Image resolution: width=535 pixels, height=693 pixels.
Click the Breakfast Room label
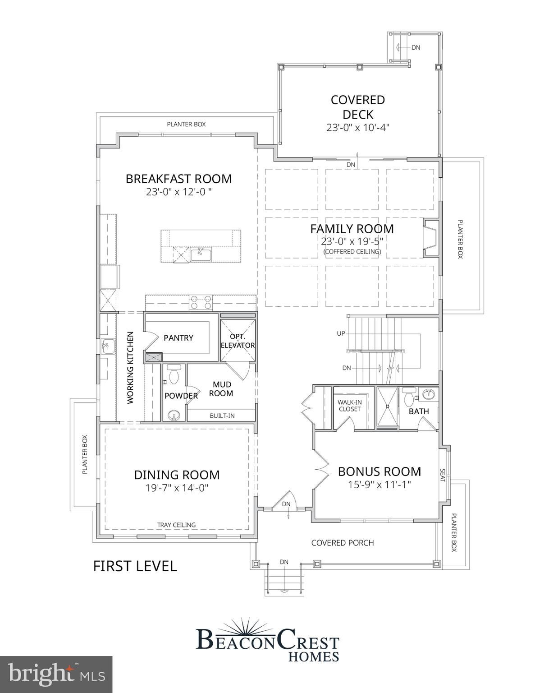pos(178,179)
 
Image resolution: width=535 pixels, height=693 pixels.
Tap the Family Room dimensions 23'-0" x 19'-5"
pos(352,241)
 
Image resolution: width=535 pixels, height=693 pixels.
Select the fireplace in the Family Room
pos(431,237)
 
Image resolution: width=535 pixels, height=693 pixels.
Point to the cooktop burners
pos(200,302)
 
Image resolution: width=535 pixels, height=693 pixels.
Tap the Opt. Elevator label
pos(238,341)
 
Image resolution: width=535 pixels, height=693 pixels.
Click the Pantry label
pos(178,338)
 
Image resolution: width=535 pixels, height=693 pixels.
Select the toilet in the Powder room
pos(174,374)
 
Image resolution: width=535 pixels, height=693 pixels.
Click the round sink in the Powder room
pos(174,415)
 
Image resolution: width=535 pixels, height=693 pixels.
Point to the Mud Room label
pos(221,389)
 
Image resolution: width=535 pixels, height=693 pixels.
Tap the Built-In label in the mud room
pos(222,416)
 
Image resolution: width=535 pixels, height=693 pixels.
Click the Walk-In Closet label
pos(349,406)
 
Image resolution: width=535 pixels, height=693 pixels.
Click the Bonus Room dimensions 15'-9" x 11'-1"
pos(379,485)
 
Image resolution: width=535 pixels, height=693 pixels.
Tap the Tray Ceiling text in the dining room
pos(176,525)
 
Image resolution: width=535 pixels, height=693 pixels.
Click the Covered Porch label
pos(343,543)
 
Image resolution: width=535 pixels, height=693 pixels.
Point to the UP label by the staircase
pos(341,333)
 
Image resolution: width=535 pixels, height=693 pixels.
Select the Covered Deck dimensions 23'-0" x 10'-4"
pos(358,128)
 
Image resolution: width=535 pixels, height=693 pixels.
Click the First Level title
pos(135,566)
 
